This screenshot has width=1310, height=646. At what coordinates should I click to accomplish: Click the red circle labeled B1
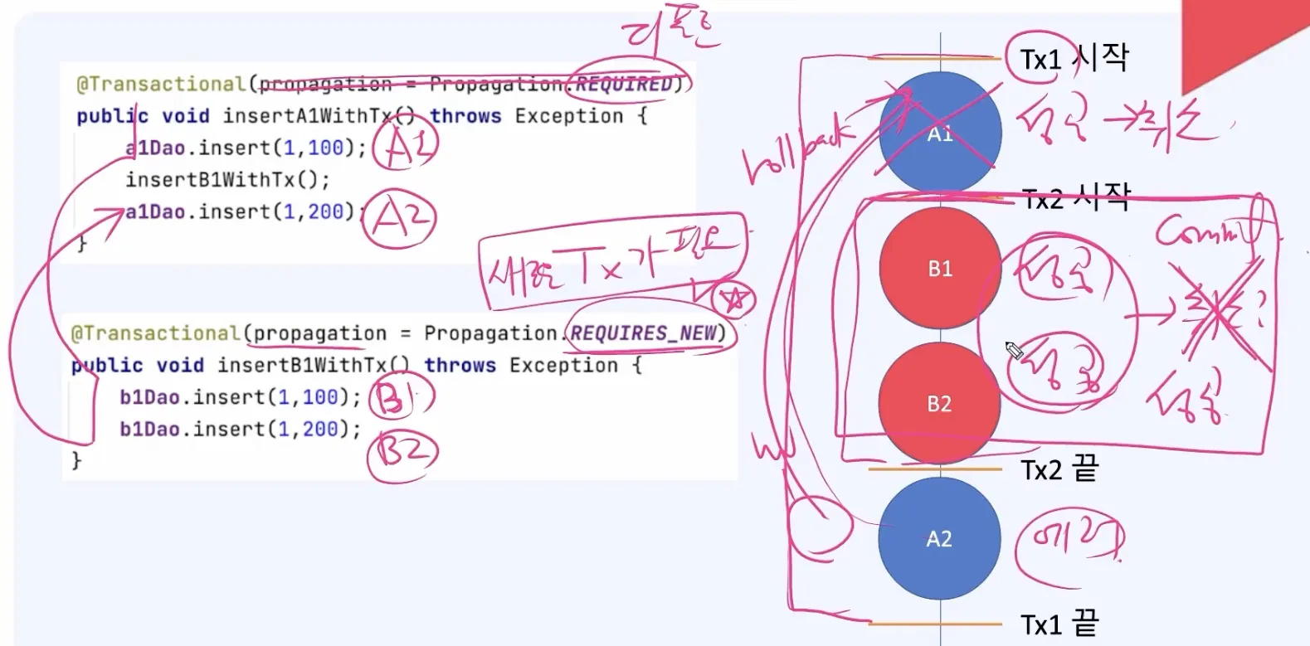pyautogui.click(x=939, y=268)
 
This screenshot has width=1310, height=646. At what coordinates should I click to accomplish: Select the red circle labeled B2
pyautogui.click(x=939, y=404)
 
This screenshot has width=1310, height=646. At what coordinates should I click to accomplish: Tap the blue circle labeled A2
pyautogui.click(x=939, y=539)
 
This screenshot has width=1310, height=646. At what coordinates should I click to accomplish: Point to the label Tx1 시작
pyautogui.click(x=1074, y=59)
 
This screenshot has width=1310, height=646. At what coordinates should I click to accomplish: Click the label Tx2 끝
pyautogui.click(x=1059, y=470)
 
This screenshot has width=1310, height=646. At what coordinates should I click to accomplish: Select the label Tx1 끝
pyautogui.click(x=1059, y=624)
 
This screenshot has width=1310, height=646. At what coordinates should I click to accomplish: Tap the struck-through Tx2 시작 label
pyautogui.click(x=1076, y=199)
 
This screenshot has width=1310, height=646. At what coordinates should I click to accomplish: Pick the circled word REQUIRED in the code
pyautogui.click(x=624, y=85)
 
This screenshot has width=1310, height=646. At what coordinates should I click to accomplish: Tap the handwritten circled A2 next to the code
pyautogui.click(x=402, y=218)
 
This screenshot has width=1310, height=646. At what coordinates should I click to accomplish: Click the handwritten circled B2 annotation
pyautogui.click(x=402, y=452)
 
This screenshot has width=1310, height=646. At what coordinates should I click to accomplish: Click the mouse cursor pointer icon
pyautogui.click(x=1013, y=350)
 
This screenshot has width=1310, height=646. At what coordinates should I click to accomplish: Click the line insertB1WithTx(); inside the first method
pyautogui.click(x=227, y=180)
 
